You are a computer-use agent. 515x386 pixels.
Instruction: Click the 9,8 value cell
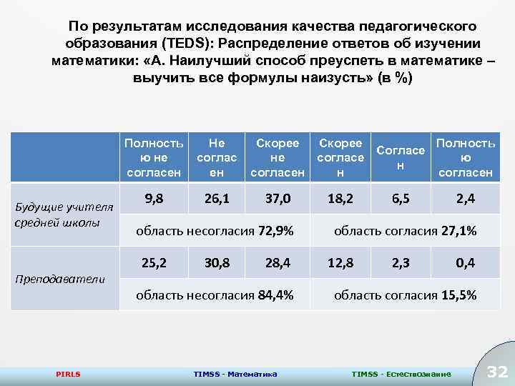click(155, 199)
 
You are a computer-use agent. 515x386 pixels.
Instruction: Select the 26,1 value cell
click(217, 199)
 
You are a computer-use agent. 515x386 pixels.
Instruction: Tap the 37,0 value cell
click(278, 199)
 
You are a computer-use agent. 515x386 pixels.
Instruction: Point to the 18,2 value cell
click(340, 199)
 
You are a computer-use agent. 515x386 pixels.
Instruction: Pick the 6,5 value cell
click(401, 199)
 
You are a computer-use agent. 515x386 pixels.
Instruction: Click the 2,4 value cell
click(465, 199)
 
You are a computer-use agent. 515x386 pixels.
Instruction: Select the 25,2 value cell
click(155, 263)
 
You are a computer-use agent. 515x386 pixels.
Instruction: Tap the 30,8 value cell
click(217, 263)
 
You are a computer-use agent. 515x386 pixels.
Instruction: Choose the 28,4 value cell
click(278, 263)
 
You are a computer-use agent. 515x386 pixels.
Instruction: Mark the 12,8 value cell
click(340, 263)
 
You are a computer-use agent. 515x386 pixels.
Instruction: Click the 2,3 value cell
click(401, 263)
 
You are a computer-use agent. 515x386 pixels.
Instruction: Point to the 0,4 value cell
click(465, 263)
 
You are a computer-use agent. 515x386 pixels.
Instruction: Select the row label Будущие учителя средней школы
click(64, 214)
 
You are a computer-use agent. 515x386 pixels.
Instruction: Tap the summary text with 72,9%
click(214, 231)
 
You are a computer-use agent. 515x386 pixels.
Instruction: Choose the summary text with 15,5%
click(406, 295)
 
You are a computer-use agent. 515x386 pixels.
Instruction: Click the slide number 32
click(496, 372)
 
